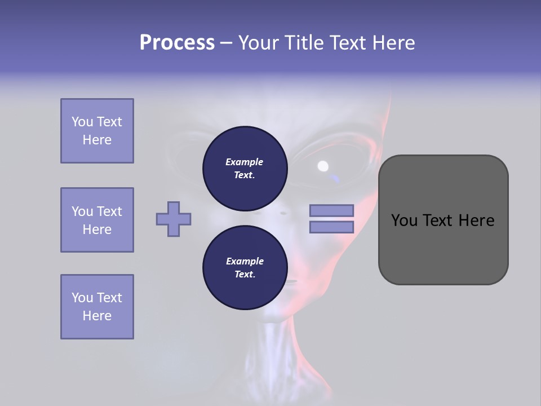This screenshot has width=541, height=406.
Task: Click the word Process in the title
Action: tap(177, 43)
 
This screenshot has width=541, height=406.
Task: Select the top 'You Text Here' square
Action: tap(97, 131)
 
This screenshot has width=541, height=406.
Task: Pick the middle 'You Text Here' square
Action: tap(97, 220)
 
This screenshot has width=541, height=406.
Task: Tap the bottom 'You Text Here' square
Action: tap(97, 307)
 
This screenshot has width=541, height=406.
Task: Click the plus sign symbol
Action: tap(174, 219)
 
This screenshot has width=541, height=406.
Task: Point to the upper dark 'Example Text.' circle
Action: tap(245, 169)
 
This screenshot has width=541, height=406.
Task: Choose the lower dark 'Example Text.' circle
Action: tap(245, 268)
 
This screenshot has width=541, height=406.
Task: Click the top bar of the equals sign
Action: tap(331, 210)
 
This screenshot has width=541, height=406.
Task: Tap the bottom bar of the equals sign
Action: tap(331, 227)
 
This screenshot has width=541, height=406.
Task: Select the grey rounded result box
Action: tap(443, 220)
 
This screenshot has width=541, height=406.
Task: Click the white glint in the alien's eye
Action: tap(323, 166)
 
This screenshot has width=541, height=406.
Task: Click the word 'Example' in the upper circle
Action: tap(245, 162)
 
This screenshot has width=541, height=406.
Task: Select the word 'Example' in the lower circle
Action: tap(245, 261)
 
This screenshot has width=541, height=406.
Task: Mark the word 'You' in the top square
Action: tap(82, 122)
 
